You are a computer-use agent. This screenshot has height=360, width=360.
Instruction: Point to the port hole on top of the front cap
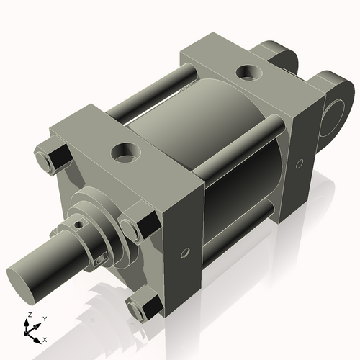click(x=123, y=152)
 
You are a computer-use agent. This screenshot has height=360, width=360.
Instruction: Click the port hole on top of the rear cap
click(x=248, y=72)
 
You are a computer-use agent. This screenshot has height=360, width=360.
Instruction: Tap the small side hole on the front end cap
click(x=185, y=253)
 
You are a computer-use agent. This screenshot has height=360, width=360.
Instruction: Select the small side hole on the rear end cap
click(x=300, y=163)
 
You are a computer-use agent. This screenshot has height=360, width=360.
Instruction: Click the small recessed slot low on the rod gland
click(x=104, y=257)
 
